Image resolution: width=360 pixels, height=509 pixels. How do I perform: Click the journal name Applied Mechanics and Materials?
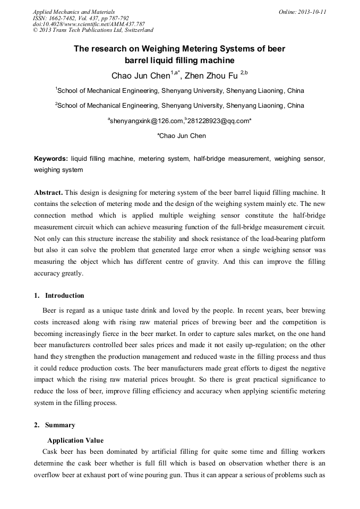tap(74, 12)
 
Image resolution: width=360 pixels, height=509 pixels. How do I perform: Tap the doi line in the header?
tap(89, 24)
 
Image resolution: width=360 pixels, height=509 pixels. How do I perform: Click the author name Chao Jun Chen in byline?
tap(140, 75)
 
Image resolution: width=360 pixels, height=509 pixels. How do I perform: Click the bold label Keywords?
tap(51, 159)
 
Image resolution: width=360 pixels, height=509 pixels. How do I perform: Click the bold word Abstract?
tap(48, 192)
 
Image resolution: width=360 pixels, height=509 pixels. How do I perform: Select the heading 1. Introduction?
tap(59, 296)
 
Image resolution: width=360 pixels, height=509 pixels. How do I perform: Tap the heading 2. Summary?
tap(55, 425)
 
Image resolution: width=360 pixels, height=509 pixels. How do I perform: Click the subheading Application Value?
tap(75, 441)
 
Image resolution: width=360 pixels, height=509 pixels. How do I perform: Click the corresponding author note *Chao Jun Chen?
tap(181, 136)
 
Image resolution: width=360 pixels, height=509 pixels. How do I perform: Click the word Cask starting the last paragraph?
tap(51, 452)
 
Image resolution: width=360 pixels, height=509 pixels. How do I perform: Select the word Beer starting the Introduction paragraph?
tap(50, 310)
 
